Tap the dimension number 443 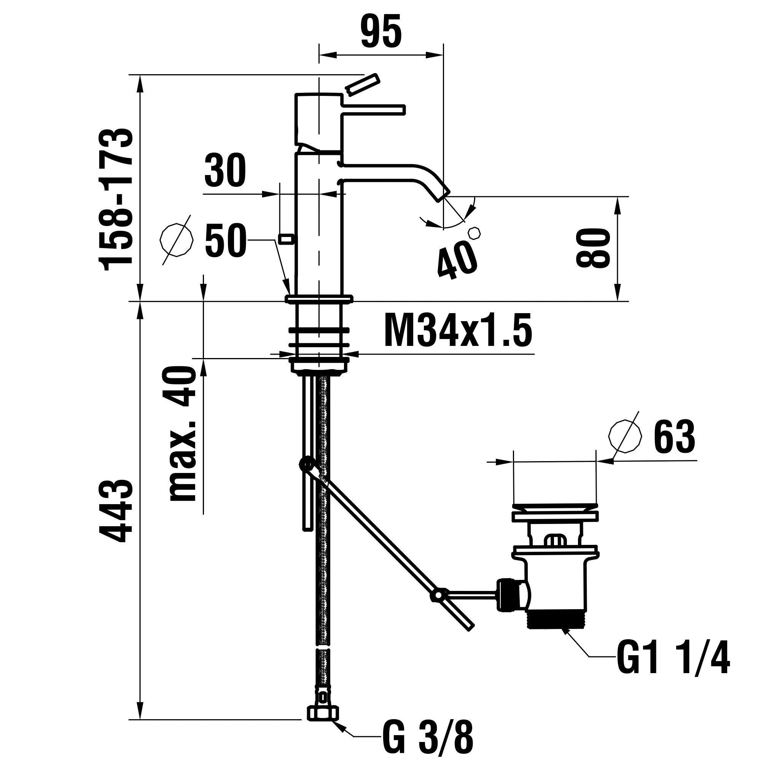click(x=116, y=511)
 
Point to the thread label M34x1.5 click(x=458, y=331)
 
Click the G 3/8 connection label click(x=427, y=736)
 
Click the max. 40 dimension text click(x=183, y=434)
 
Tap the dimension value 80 click(x=592, y=248)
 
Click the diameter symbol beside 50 click(x=177, y=240)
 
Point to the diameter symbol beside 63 click(x=625, y=436)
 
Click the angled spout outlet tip click(x=443, y=194)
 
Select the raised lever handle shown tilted click(x=362, y=84)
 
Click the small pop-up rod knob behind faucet click(x=287, y=239)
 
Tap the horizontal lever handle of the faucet click(x=374, y=110)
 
